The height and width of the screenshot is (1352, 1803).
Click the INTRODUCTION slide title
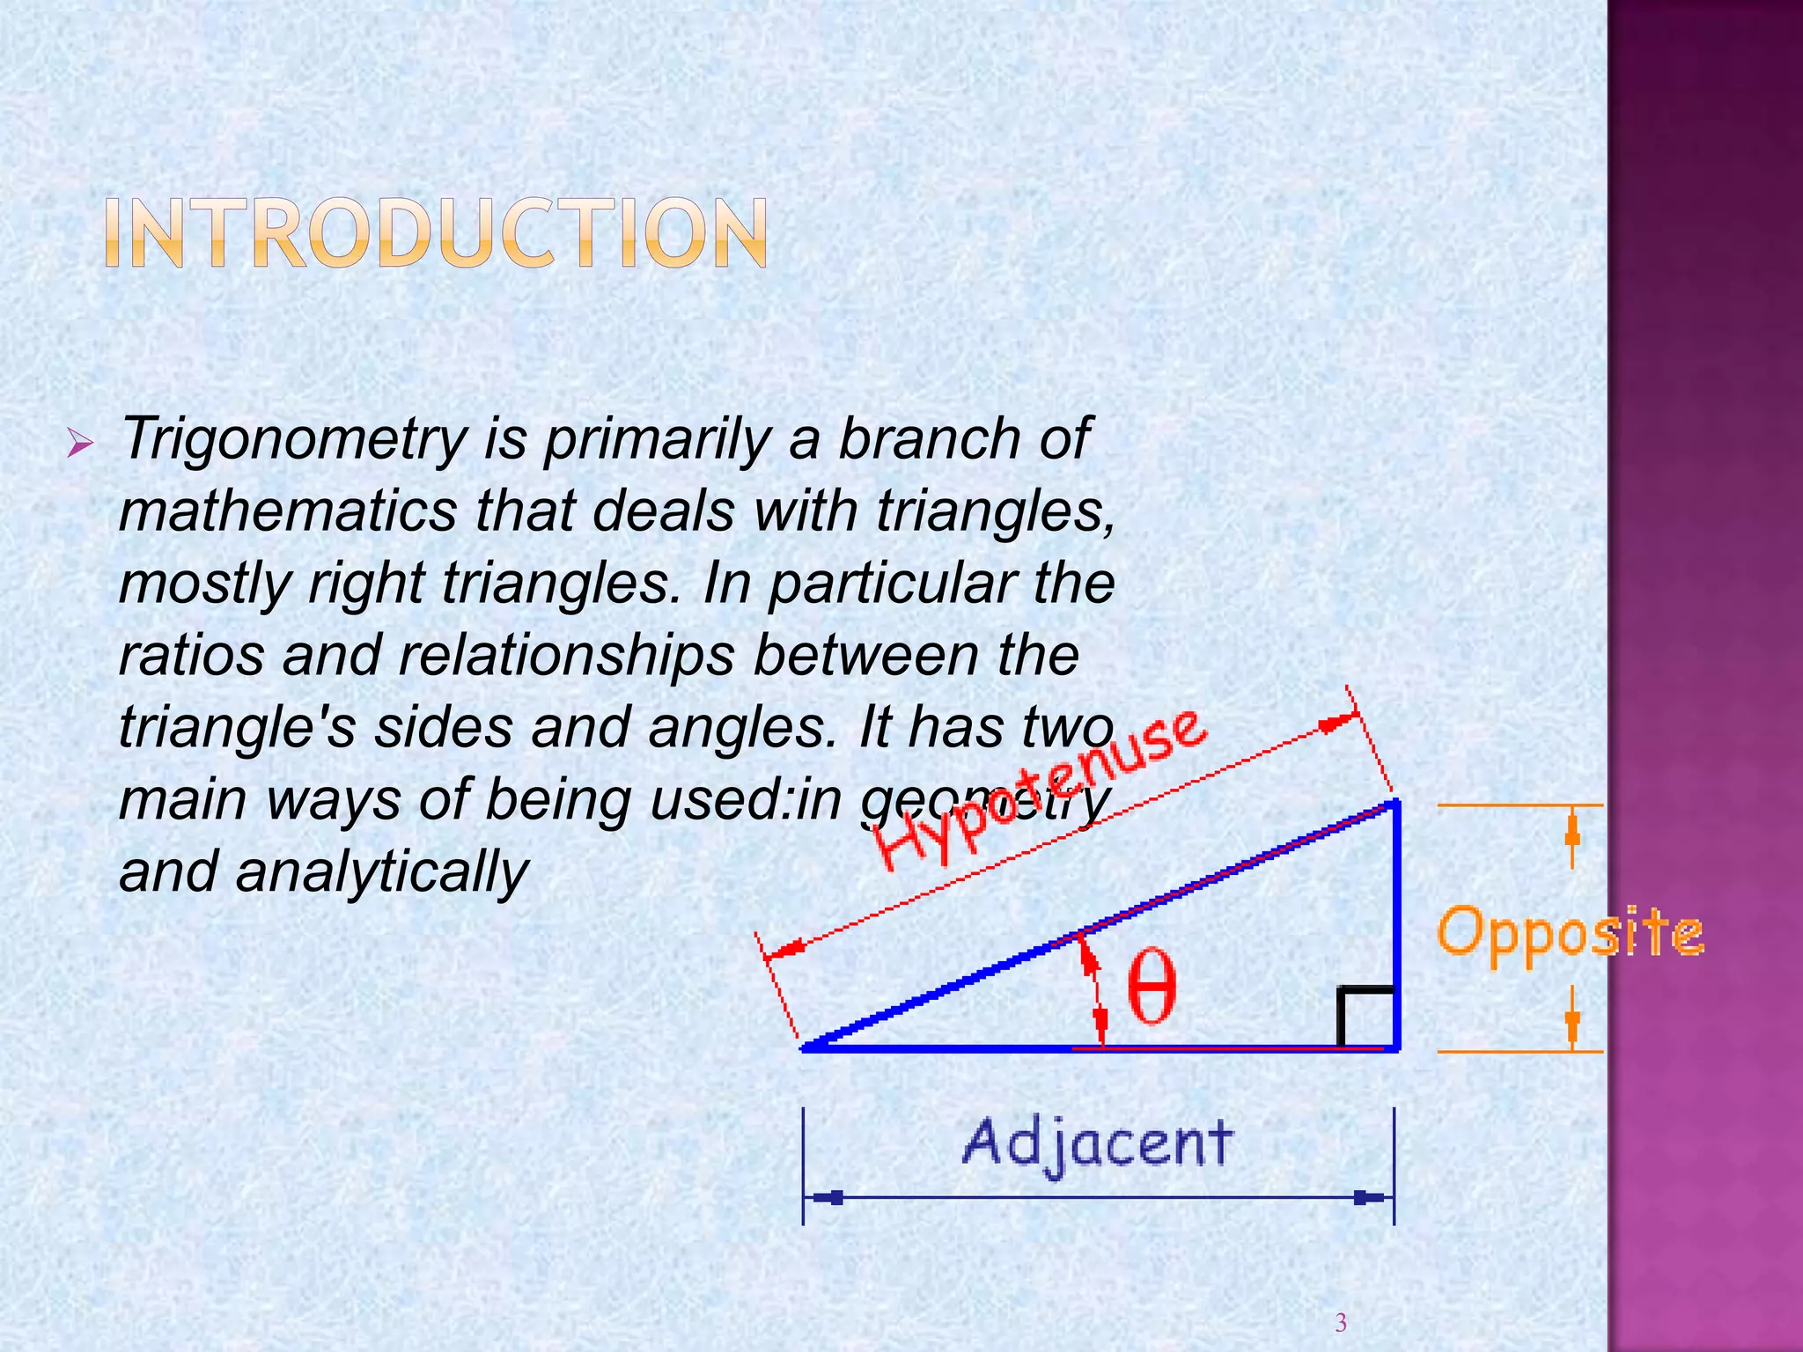coord(436,232)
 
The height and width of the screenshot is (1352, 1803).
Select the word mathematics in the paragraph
coord(288,511)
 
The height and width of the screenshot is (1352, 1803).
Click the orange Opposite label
coord(1570,933)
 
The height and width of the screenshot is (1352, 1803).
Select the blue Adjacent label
coord(1097,1143)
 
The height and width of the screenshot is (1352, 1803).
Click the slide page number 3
coord(1341,1322)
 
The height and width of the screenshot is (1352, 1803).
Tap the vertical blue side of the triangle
coord(1395,924)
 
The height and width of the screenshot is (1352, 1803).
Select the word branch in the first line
coord(928,438)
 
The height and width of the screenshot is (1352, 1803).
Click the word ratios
coord(191,656)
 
